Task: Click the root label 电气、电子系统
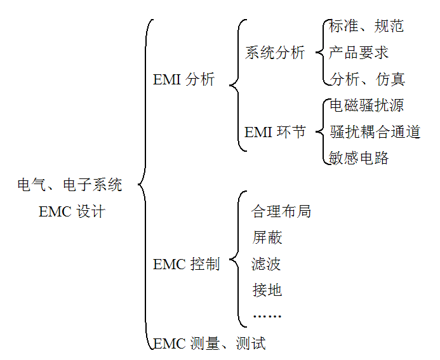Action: tap(70, 185)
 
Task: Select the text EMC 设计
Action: tap(72, 212)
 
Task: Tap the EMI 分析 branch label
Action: tap(183, 81)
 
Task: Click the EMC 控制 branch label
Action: tap(186, 264)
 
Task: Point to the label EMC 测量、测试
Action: tap(210, 344)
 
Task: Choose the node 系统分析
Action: tap(275, 53)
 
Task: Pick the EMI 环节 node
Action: tap(275, 132)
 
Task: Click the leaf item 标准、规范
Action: tap(366, 26)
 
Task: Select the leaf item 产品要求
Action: tap(359, 53)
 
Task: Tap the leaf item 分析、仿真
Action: tap(367, 79)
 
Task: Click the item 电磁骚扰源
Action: tap(366, 105)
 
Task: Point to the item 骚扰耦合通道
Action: tap(375, 132)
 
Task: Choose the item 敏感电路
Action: tap(359, 158)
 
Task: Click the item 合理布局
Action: tap(281, 211)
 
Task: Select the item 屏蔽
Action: tap(267, 238)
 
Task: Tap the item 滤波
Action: tap(267, 264)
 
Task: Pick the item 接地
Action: tap(267, 291)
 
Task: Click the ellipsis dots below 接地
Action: tap(267, 316)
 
